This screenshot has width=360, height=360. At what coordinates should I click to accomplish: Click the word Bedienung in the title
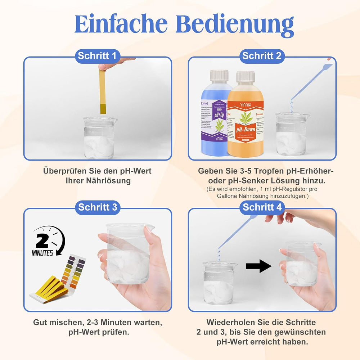click(x=236, y=24)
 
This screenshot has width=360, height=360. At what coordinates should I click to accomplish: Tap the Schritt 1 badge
click(x=97, y=56)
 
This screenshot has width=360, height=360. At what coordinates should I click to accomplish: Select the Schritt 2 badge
click(x=262, y=56)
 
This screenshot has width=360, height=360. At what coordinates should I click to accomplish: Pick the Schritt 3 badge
click(x=97, y=207)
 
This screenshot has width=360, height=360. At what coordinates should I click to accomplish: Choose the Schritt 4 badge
click(x=262, y=207)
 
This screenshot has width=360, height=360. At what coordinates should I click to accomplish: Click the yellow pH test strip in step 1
click(x=103, y=92)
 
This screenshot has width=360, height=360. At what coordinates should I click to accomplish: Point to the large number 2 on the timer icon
click(x=42, y=241)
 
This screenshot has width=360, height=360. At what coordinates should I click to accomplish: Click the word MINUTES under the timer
click(x=42, y=253)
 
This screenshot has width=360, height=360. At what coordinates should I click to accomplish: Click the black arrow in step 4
click(x=258, y=266)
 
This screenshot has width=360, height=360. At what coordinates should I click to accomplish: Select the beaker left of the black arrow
click(x=219, y=283)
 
